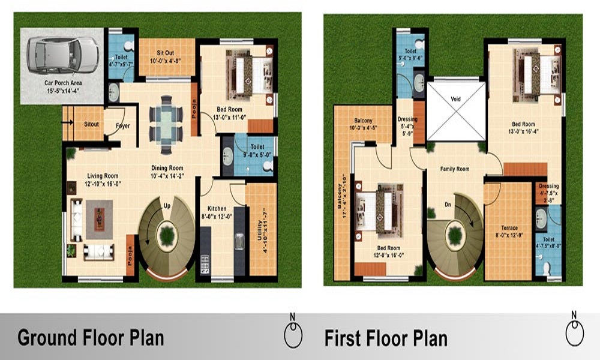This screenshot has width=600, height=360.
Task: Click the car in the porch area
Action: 63,54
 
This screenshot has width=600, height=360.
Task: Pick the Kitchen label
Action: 217,209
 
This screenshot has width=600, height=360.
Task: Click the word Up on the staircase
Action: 169,206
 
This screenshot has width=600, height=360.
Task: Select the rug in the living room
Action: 99,218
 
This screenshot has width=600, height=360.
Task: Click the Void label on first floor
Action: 455,99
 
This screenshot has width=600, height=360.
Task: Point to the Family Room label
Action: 454,169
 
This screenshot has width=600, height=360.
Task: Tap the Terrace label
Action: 508,228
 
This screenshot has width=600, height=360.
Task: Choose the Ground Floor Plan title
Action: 91,337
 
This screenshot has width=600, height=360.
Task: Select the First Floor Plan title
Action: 386,338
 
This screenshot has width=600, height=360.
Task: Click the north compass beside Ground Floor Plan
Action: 293,334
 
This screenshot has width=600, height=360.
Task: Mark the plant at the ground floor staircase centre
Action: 167,236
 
